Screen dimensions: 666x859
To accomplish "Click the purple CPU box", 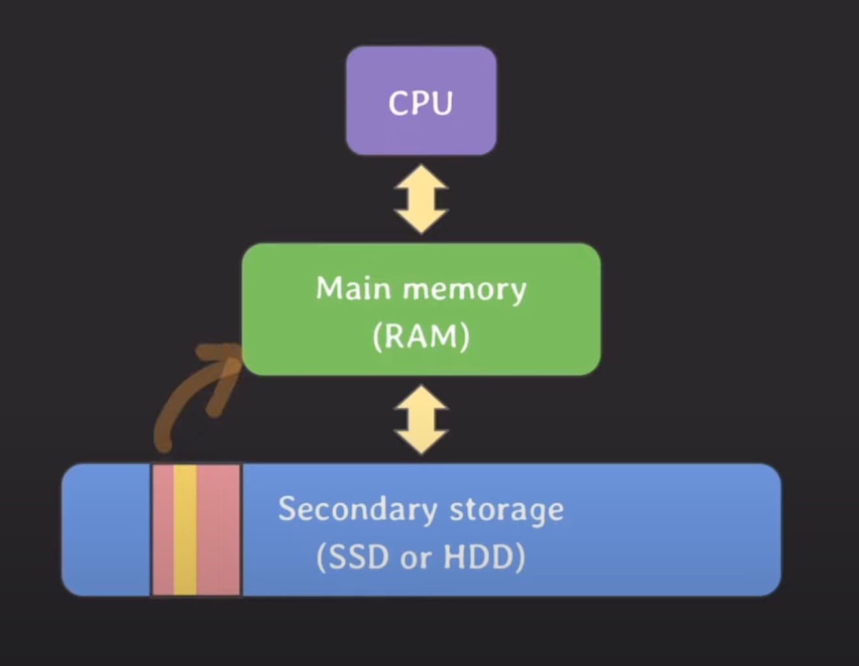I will point(421,101).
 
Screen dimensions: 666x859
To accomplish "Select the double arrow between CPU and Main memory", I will point(421,199).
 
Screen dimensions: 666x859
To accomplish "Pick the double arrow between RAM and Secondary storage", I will point(421,420).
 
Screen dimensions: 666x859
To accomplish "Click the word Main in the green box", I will point(352,288).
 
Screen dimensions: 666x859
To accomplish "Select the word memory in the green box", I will point(464,289).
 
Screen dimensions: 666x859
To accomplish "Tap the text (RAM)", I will point(421,336).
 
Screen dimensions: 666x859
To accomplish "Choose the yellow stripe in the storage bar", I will point(185,529).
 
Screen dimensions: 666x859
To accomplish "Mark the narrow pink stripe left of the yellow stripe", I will point(163,529).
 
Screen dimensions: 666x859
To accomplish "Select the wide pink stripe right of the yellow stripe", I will point(219,529).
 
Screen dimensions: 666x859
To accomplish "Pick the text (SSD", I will point(352,557).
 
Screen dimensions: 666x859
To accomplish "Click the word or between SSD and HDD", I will point(415,559).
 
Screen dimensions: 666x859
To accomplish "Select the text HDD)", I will point(484,557).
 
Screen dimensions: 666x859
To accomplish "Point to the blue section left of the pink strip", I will point(107,529).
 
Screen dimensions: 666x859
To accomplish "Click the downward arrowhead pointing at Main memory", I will point(421,221).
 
